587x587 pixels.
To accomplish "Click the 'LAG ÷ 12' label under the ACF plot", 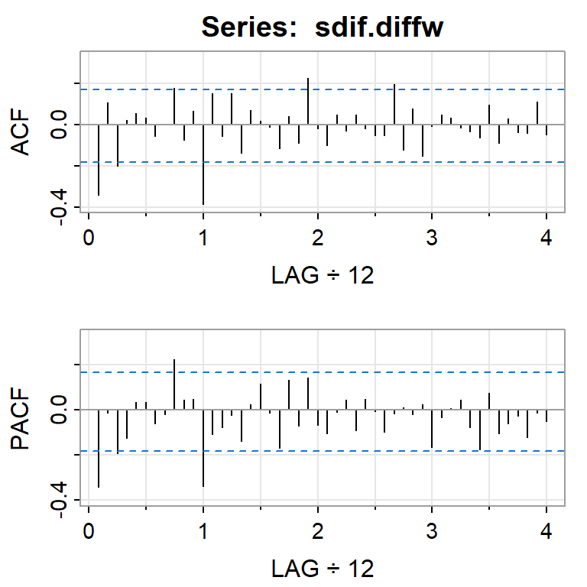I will (x=323, y=276).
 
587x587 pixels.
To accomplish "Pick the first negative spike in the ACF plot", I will (x=99, y=160).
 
